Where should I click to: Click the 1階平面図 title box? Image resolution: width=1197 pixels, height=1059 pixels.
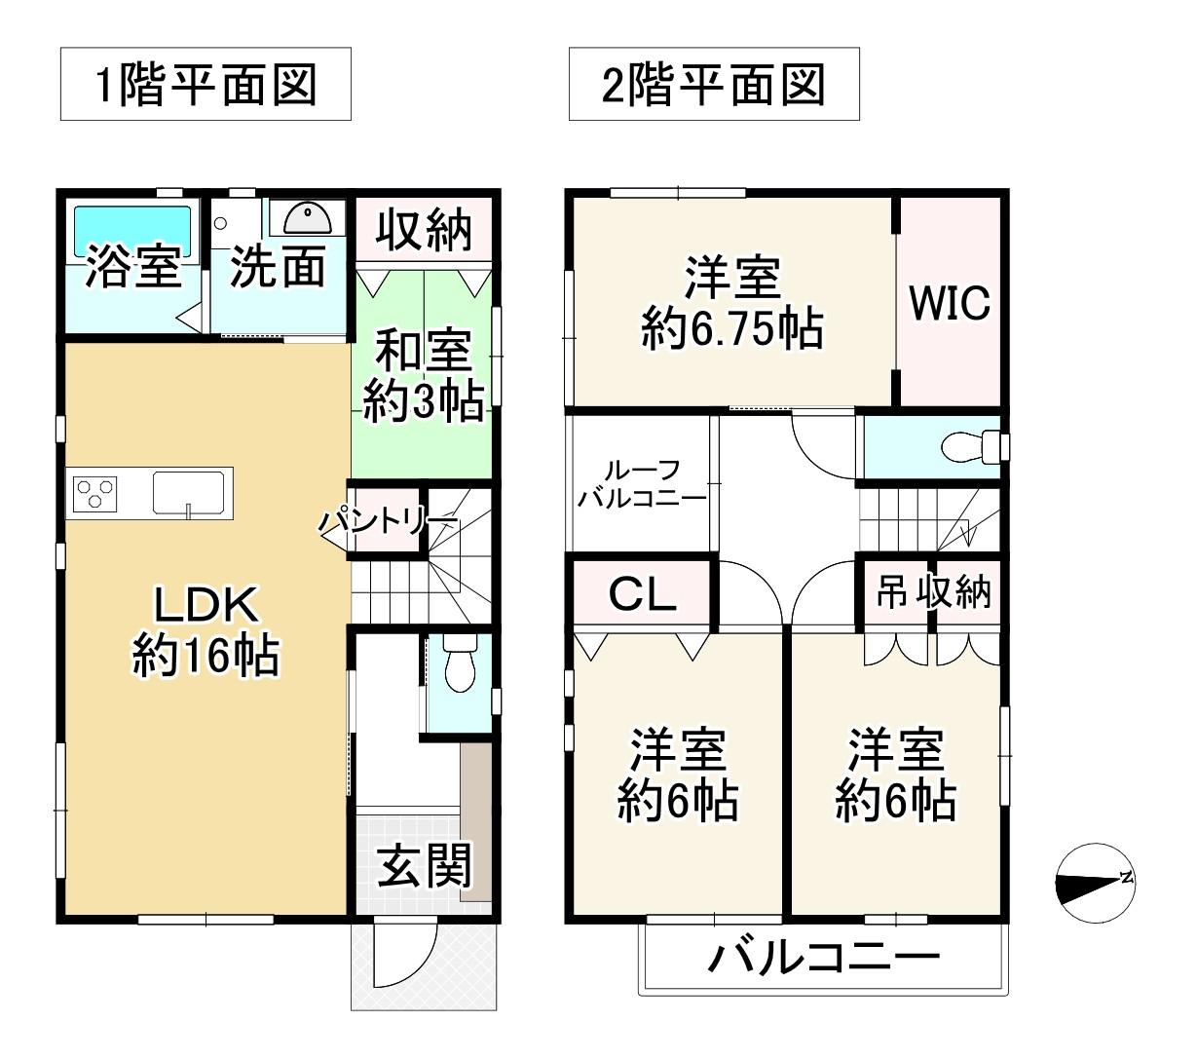tap(206, 85)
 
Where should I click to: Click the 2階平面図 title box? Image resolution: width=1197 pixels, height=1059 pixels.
tap(714, 85)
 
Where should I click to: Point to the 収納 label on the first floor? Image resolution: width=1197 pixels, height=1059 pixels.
tap(424, 230)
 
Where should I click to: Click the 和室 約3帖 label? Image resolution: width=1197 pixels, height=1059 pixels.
tap(424, 375)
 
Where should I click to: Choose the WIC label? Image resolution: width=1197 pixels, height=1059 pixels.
tap(950, 304)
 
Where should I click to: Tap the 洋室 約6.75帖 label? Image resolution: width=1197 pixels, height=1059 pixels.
tap(732, 303)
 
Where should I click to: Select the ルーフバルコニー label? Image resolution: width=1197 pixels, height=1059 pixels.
tap(642, 484)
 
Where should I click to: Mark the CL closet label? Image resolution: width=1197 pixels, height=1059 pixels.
tap(642, 593)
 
